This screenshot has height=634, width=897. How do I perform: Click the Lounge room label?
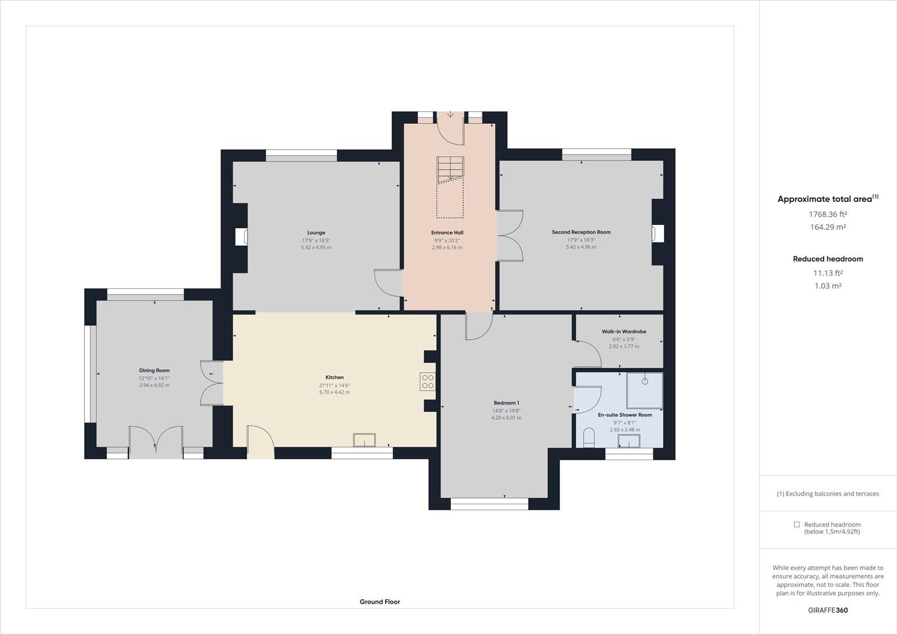(x=316, y=232)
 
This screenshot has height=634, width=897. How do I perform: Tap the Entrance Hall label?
(x=447, y=232)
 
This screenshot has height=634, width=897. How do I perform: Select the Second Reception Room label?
(x=581, y=232)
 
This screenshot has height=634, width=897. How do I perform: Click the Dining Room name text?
(x=154, y=370)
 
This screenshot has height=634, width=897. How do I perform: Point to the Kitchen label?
(x=335, y=377)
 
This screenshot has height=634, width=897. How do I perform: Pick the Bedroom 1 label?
(x=506, y=403)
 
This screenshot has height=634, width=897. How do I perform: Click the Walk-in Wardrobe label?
(x=623, y=332)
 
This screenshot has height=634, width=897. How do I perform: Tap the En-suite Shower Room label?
(x=625, y=415)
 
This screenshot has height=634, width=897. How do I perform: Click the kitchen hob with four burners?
(x=427, y=382)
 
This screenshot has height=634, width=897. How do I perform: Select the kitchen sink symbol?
(x=364, y=440)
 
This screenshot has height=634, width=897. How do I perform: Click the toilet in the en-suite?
(x=589, y=437)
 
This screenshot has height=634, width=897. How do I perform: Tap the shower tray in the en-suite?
(x=645, y=390)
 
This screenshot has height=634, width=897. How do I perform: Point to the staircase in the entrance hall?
(x=450, y=170)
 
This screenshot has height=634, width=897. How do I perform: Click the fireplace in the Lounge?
(x=241, y=237)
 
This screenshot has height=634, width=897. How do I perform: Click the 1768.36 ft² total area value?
(x=828, y=215)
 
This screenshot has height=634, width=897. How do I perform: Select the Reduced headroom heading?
(x=828, y=259)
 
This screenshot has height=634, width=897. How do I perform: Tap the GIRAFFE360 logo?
(x=828, y=610)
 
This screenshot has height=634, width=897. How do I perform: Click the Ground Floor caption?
(x=380, y=602)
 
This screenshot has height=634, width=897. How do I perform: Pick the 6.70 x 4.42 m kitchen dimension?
(x=334, y=392)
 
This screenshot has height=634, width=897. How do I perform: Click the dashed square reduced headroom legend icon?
(x=797, y=524)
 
